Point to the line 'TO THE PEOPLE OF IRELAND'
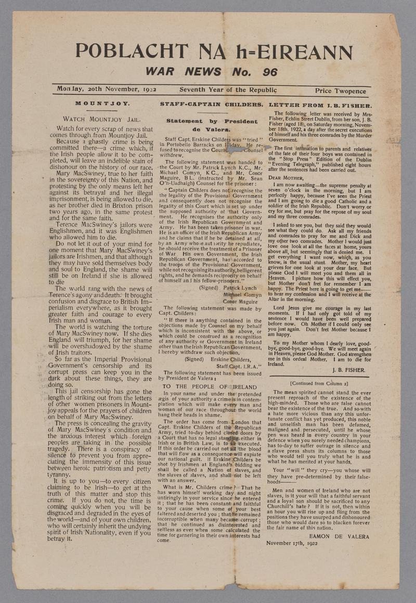tap(210, 387)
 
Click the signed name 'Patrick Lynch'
tap(241, 287)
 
